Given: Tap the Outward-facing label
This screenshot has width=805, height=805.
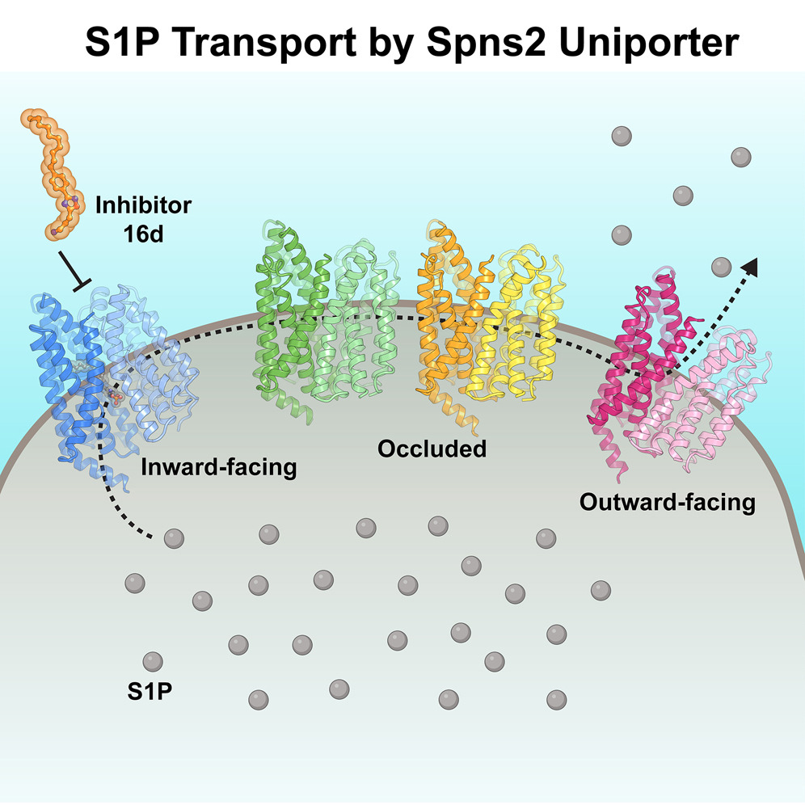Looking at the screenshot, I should pos(667,502).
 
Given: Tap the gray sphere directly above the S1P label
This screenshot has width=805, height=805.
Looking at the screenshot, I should pos(151,660).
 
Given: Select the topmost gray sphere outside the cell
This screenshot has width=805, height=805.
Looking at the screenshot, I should pos(621,135).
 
